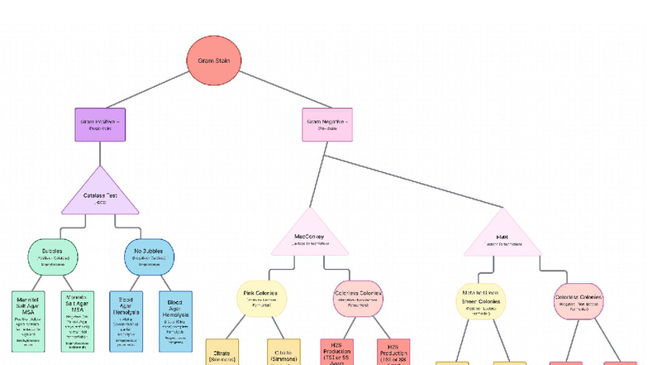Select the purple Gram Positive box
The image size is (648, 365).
click(100, 124)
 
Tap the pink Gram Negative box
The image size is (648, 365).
click(327, 124)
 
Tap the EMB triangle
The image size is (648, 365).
click(502, 238)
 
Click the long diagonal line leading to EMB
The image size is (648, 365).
click(413, 180)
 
